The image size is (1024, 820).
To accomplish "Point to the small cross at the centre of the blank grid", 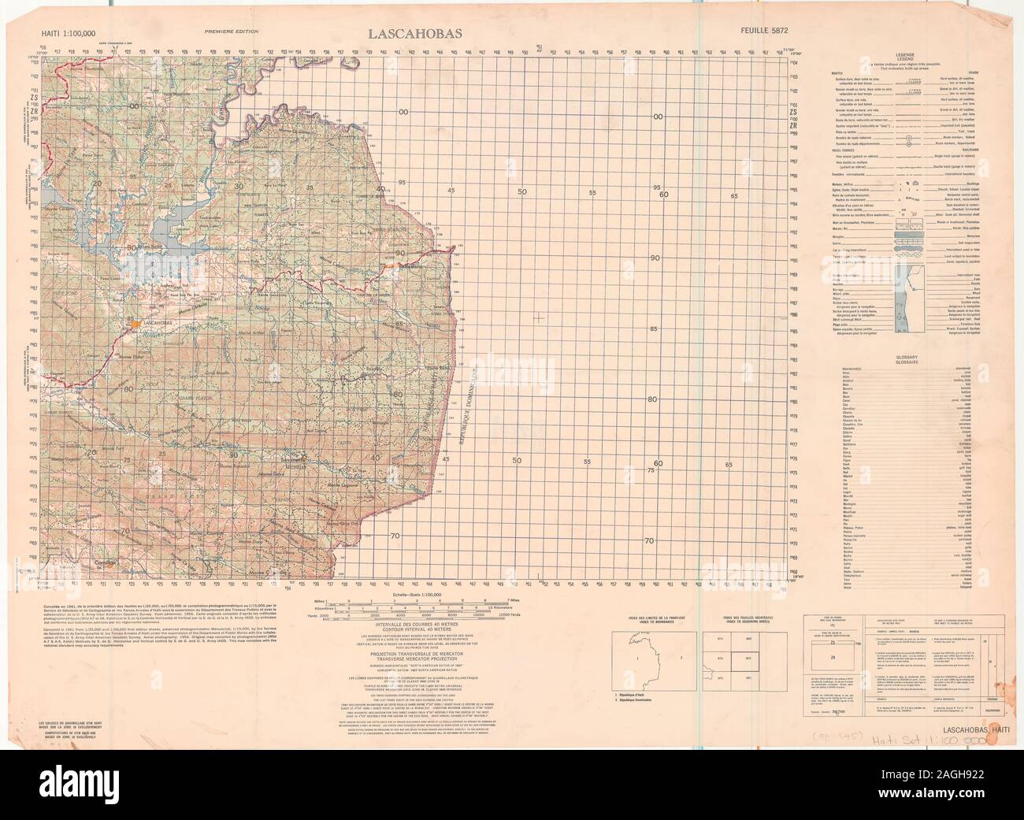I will coord(538,317).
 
